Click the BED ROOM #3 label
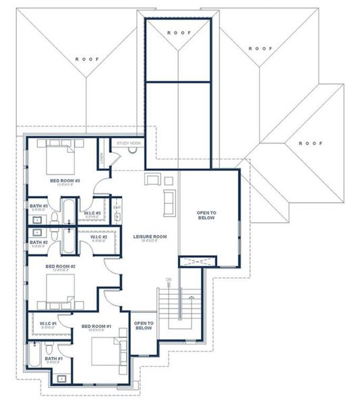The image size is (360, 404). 65,180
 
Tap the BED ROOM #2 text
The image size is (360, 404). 60,266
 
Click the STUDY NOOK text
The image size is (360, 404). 127,143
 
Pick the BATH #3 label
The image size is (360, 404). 38,205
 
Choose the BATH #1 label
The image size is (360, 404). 55,359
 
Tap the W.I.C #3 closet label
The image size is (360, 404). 92,213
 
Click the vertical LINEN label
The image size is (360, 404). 102,158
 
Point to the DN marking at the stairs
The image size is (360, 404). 169,279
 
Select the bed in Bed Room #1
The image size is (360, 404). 105,351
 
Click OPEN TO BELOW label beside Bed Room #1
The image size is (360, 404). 144,325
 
